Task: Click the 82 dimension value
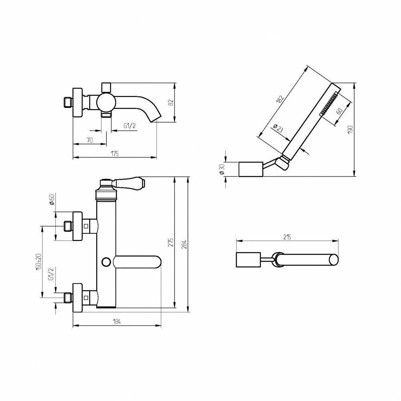click(x=170, y=103)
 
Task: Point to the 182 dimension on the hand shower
click(x=280, y=99)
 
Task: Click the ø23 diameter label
click(x=277, y=129)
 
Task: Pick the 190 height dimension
click(x=350, y=130)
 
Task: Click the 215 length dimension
click(x=288, y=237)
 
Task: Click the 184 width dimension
click(x=116, y=321)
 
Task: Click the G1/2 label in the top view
click(x=129, y=126)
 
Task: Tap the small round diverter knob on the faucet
click(x=106, y=262)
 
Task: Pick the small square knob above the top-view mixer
click(x=106, y=87)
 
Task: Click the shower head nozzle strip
click(x=329, y=104)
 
